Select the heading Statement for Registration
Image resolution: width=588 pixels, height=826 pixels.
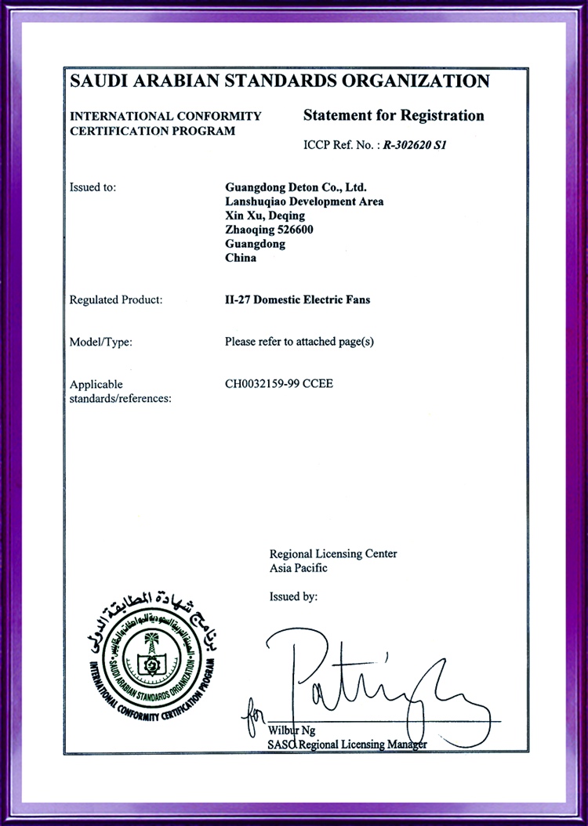(394, 116)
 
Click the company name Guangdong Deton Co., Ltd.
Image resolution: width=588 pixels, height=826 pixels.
(296, 187)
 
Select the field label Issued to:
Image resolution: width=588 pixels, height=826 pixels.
(93, 187)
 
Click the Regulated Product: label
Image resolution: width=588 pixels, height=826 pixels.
(116, 299)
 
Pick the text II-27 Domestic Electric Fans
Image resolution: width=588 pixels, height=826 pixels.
(297, 299)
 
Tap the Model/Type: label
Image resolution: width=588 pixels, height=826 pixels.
(101, 342)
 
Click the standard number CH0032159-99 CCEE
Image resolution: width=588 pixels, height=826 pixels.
(278, 384)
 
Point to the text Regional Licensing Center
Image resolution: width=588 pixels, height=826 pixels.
(333, 554)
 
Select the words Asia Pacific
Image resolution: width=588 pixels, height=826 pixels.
(299, 568)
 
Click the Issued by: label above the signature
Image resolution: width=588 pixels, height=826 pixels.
(293, 596)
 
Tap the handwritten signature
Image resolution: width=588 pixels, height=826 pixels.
(368, 678)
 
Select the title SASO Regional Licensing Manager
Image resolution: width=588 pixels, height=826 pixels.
(347, 744)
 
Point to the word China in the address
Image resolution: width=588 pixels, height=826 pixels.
(241, 258)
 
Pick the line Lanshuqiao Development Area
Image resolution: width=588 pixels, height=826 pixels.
(304, 201)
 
